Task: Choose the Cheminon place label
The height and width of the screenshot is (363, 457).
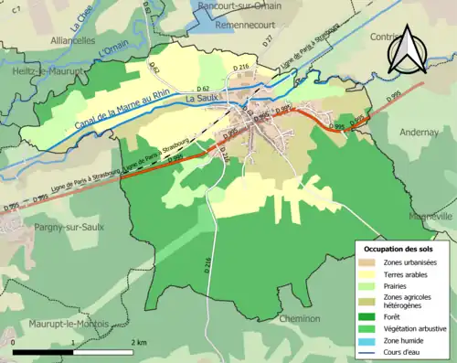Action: point(301,318)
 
